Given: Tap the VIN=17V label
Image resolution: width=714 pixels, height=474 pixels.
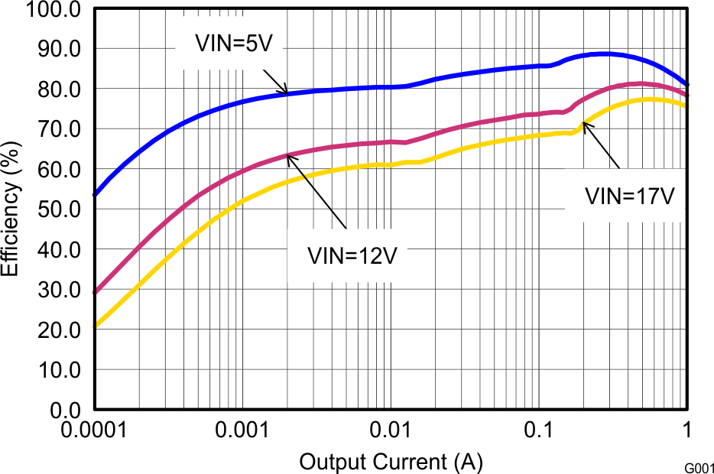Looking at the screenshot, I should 629,196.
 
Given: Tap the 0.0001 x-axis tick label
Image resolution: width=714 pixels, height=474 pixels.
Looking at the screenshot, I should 94,431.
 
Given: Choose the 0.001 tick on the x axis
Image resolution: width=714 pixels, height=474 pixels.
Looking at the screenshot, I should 242,431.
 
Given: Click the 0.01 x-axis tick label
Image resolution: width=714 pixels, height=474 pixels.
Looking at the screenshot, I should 390,431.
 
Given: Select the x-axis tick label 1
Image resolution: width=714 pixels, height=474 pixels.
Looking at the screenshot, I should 686,431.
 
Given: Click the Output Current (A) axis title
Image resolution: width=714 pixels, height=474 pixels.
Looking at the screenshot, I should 391,462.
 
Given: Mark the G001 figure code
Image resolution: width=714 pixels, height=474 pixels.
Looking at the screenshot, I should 699,466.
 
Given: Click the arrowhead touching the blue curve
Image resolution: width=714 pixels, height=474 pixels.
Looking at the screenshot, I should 285,91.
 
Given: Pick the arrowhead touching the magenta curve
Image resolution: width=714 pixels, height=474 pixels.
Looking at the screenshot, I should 289,157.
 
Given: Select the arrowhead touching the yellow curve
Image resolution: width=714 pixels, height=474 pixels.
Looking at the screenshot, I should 585,124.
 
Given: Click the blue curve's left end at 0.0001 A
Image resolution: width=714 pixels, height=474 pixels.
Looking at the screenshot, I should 95,194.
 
